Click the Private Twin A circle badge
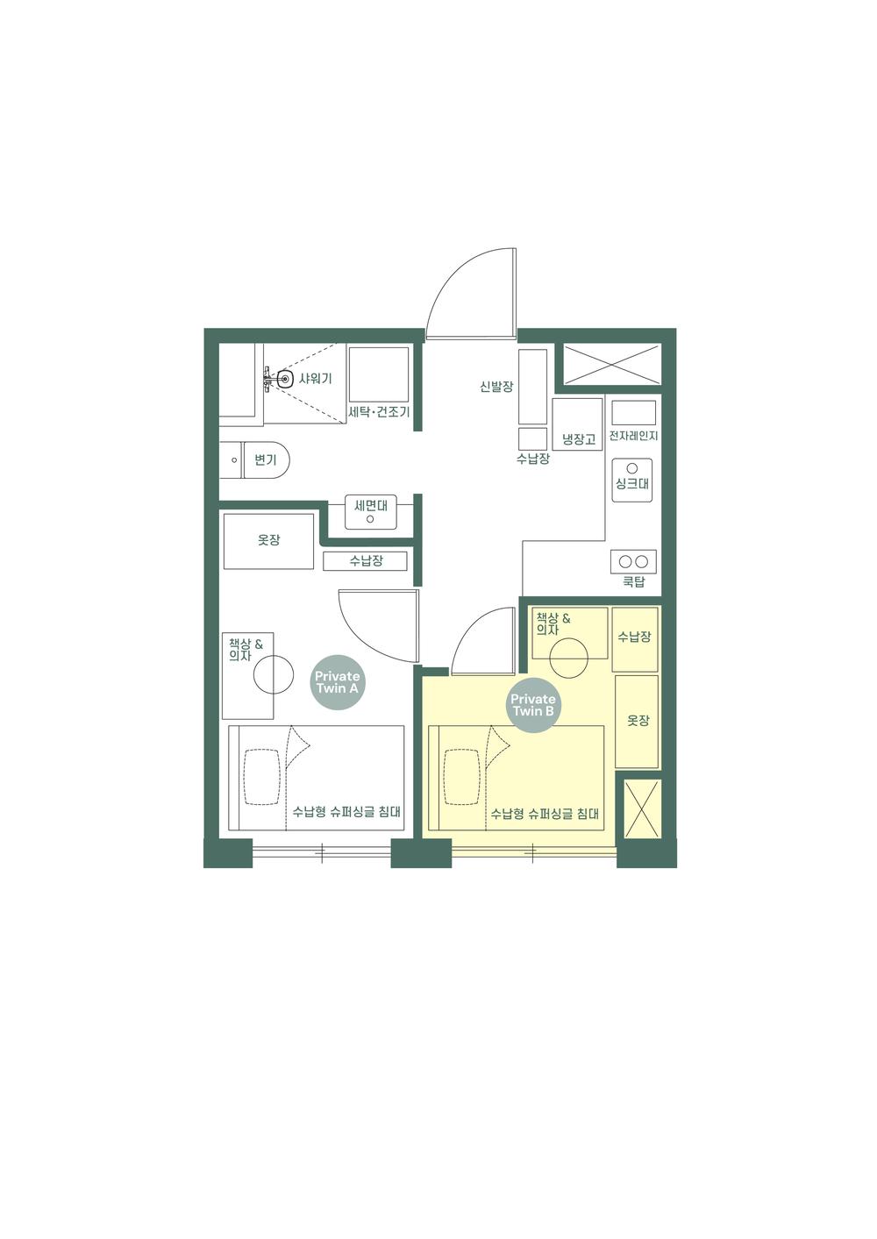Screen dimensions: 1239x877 coord(338,681)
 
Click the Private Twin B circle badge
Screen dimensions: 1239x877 coord(533,704)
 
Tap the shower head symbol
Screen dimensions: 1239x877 coord(283,380)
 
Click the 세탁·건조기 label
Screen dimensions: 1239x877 coord(379,411)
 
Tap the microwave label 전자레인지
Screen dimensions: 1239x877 coord(633,435)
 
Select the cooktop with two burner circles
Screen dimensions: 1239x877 coord(633,561)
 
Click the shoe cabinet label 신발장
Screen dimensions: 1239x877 coord(496,386)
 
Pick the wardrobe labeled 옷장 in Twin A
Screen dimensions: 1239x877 coord(268,541)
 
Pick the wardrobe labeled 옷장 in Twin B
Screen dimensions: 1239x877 coord(637,721)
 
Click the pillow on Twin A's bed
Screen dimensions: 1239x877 coord(264,776)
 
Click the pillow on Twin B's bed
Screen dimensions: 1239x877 coord(463,776)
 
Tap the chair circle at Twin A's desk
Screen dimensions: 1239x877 coord(273,675)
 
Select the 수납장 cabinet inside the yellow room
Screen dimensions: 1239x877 coord(634,637)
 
